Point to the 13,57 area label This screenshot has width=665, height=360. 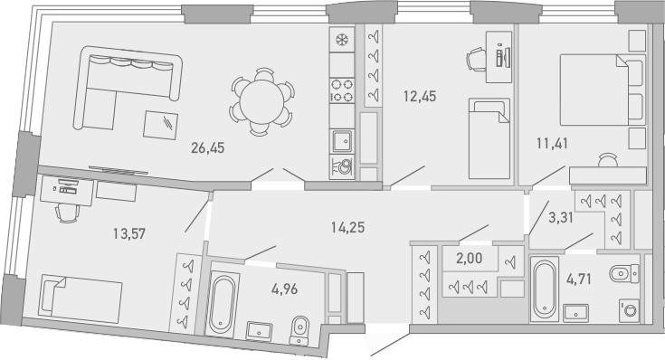coord(127,232)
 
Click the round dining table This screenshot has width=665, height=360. coord(263,99)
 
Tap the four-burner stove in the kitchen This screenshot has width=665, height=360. coord(343,90)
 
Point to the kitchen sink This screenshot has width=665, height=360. coord(343,139)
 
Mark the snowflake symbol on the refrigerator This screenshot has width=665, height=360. coord(343,41)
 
